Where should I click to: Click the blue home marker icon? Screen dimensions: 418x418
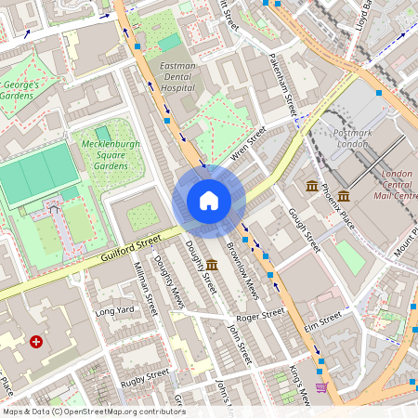tap(209, 200)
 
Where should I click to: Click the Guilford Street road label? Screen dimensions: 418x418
tap(116, 251)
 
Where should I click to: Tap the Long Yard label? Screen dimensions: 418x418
tap(114, 310)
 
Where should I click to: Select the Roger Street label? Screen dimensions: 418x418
tap(259, 316)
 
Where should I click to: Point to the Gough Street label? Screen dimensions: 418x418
tap(305, 229)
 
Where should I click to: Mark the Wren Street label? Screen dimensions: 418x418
tap(248, 142)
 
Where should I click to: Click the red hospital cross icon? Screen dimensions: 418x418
tap(36, 342)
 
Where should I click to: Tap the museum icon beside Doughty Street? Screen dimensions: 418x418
tap(212, 266)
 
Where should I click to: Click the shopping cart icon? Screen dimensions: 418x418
tap(321, 387)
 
